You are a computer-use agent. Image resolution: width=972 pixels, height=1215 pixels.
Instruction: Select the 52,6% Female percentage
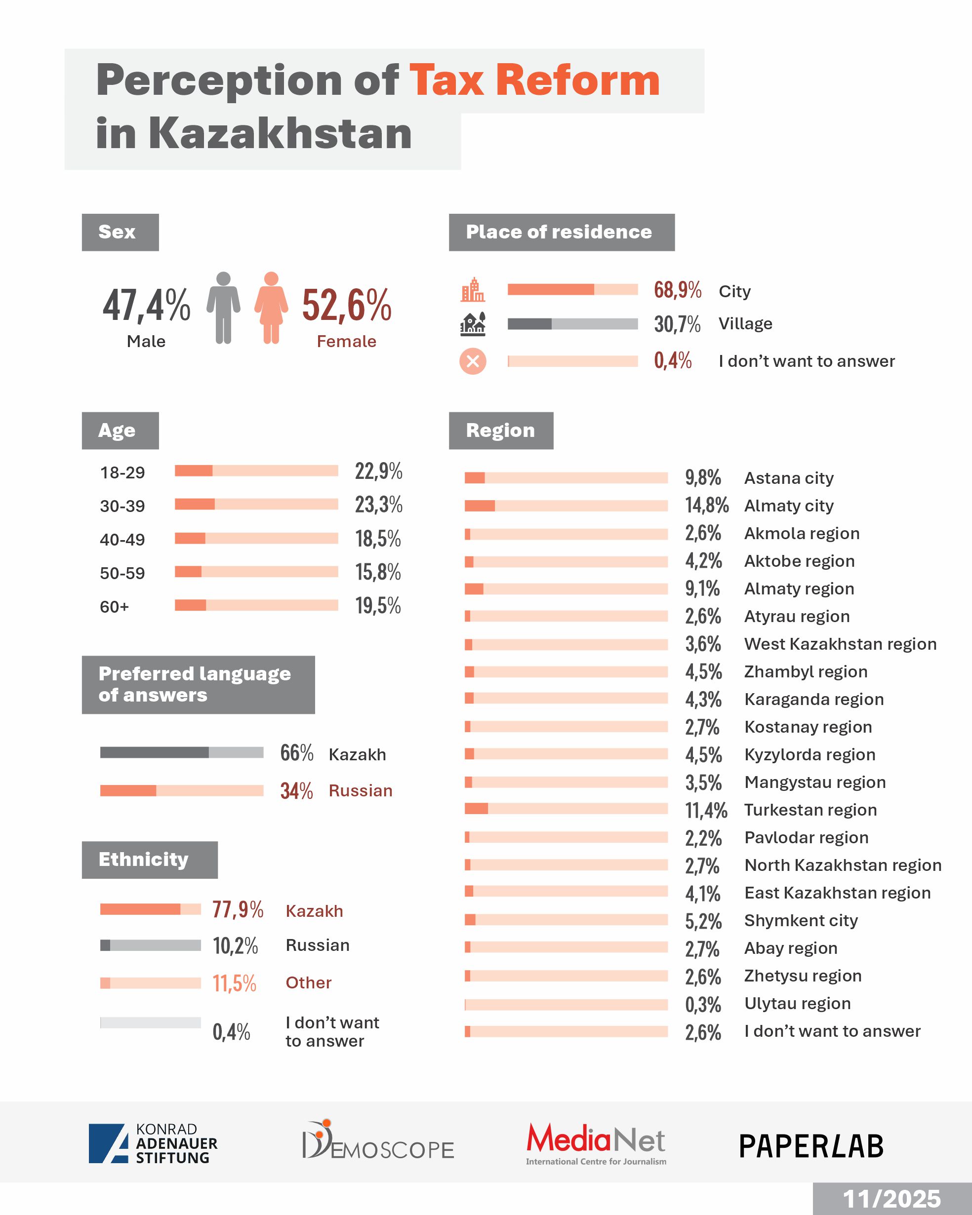coord(346,306)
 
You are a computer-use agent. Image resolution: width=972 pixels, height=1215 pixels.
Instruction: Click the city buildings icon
coord(473,290)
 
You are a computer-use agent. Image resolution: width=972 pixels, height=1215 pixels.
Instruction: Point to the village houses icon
coord(473,323)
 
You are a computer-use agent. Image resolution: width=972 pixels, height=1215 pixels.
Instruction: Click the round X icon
coord(473,361)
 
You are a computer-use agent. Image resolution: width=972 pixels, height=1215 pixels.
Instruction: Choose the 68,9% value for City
coord(677,290)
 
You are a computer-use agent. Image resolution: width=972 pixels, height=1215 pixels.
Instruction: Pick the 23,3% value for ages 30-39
coord(378,505)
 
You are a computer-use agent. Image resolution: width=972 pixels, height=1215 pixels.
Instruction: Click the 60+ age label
coord(115,607)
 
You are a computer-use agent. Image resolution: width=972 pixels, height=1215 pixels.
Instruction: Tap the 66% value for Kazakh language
coord(296,753)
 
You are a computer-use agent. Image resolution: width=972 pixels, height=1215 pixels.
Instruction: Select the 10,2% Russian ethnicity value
coord(235,945)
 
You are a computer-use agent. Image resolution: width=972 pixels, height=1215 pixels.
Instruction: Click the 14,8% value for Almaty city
coord(706,505)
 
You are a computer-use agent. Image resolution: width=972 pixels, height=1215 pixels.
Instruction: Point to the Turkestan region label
coord(810,810)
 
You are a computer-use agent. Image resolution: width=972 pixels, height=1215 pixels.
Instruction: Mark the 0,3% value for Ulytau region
coord(703,1004)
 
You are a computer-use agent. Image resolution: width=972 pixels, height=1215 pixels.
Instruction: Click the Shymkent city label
coord(801,920)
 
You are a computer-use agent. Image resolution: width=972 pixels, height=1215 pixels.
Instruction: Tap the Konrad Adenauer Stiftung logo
coord(153,1143)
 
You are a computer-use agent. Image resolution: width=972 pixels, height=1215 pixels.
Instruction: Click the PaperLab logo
coord(811,1146)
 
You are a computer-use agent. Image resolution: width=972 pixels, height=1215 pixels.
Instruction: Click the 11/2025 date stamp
coord(891,1199)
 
